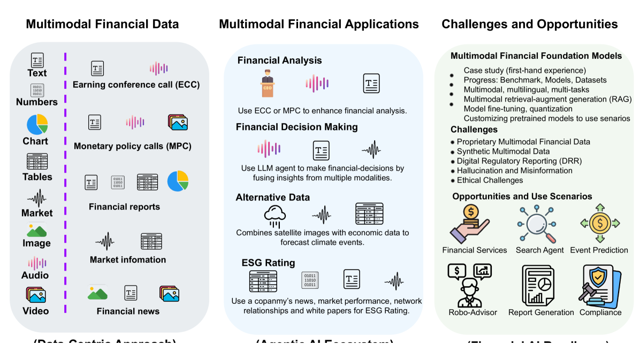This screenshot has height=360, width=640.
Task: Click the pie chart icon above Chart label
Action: click(x=37, y=125)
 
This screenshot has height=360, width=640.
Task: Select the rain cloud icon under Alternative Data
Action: click(x=276, y=215)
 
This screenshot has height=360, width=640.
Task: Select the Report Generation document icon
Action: click(x=540, y=286)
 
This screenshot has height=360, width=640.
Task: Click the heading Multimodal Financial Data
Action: click(x=102, y=24)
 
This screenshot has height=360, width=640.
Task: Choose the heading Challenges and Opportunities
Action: click(x=529, y=24)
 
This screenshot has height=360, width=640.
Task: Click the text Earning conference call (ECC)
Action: click(x=136, y=85)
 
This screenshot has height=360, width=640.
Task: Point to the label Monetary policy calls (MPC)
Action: click(x=132, y=146)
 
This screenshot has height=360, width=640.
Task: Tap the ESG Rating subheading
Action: click(x=268, y=263)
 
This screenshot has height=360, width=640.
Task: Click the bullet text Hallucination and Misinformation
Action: click(x=514, y=171)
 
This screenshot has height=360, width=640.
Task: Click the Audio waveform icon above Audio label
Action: click(x=36, y=263)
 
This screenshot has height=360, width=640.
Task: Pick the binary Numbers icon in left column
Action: click(x=37, y=90)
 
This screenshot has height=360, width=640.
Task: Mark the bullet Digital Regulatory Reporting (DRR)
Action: click(x=519, y=161)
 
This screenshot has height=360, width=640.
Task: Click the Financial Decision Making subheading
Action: click(x=297, y=127)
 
